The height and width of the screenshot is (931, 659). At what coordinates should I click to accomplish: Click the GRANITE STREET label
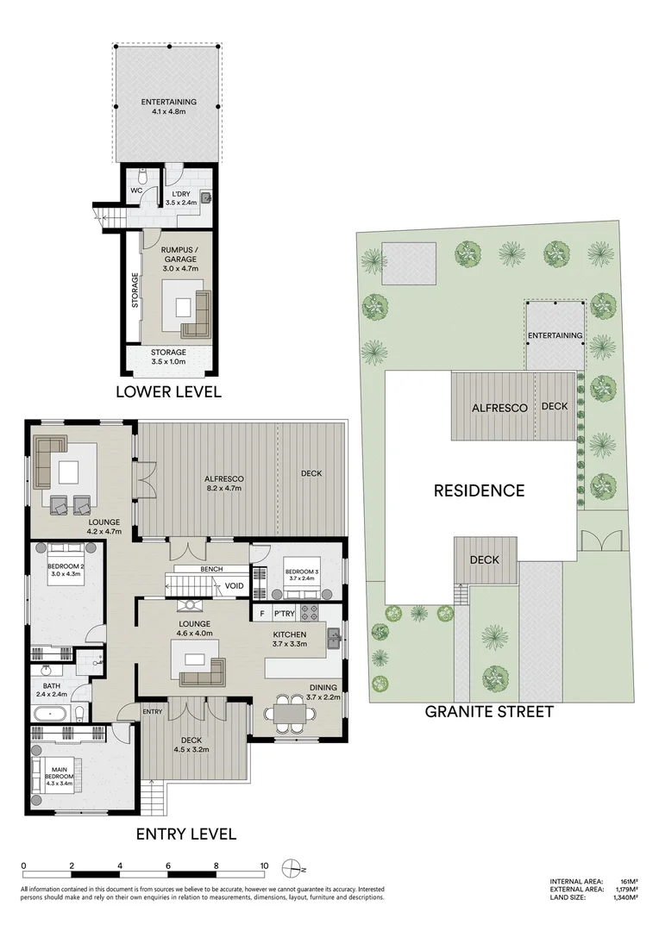click(489, 712)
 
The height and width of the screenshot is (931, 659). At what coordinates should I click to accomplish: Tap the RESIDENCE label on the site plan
click(479, 490)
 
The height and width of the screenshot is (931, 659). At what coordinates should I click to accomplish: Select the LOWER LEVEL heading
click(169, 392)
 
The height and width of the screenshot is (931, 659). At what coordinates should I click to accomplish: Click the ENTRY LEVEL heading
click(185, 834)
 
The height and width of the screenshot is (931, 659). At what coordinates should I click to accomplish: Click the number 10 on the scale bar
click(264, 866)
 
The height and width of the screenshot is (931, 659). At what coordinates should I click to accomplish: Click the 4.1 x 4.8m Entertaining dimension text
click(169, 110)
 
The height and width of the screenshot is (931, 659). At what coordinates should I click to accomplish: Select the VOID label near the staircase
click(235, 587)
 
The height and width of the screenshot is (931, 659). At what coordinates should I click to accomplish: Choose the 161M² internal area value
click(629, 881)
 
